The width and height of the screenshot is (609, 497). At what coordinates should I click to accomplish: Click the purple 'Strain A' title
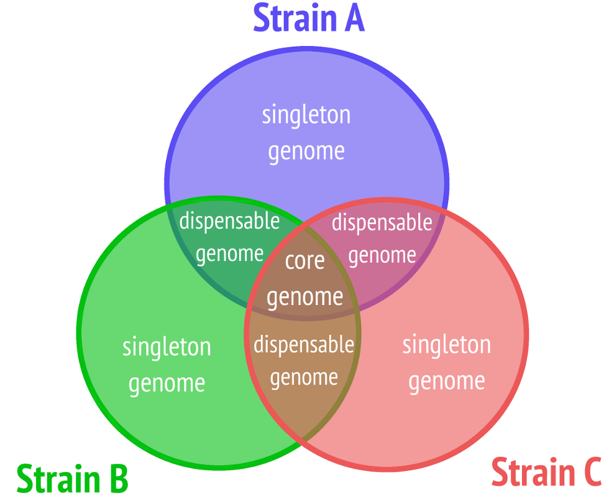[x=309, y=18]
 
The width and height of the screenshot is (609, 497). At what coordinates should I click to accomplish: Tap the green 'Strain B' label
[x=72, y=478]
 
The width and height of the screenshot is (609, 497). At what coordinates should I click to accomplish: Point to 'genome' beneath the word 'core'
[x=305, y=298]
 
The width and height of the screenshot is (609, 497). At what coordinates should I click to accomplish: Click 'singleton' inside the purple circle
[x=306, y=116]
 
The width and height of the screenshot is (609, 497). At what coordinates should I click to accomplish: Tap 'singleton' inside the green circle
[x=167, y=347]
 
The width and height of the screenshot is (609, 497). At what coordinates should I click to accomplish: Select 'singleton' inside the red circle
[x=447, y=345]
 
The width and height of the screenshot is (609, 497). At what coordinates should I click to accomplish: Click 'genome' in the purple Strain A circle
[x=306, y=152]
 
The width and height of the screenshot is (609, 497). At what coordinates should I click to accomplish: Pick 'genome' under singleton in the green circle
[x=167, y=384]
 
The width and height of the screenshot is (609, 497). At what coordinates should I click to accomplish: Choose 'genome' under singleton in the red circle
[x=447, y=381]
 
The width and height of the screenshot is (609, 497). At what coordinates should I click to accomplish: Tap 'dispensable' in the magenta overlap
[x=382, y=224]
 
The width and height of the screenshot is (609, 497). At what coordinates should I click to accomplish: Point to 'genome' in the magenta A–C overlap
[x=382, y=256]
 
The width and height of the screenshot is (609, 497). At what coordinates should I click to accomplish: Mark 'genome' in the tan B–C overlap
[x=304, y=378]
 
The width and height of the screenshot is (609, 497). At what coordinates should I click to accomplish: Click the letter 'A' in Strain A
[x=355, y=18]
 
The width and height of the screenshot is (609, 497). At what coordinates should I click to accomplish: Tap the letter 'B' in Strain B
[x=119, y=478]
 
